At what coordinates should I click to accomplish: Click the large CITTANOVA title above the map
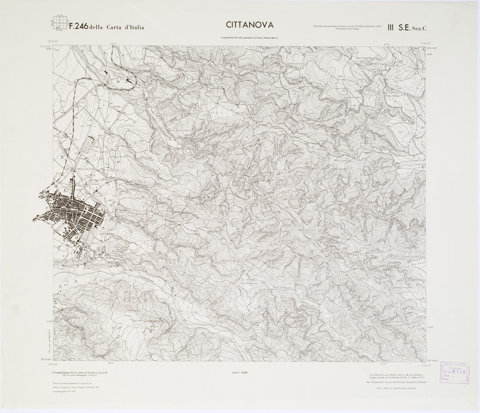[249, 26]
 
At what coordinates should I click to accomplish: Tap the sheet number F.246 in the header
[78, 26]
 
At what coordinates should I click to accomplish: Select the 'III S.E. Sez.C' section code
[407, 28]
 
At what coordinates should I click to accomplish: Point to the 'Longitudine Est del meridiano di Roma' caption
[249, 38]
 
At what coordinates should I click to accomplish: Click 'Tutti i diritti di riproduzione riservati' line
[396, 388]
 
